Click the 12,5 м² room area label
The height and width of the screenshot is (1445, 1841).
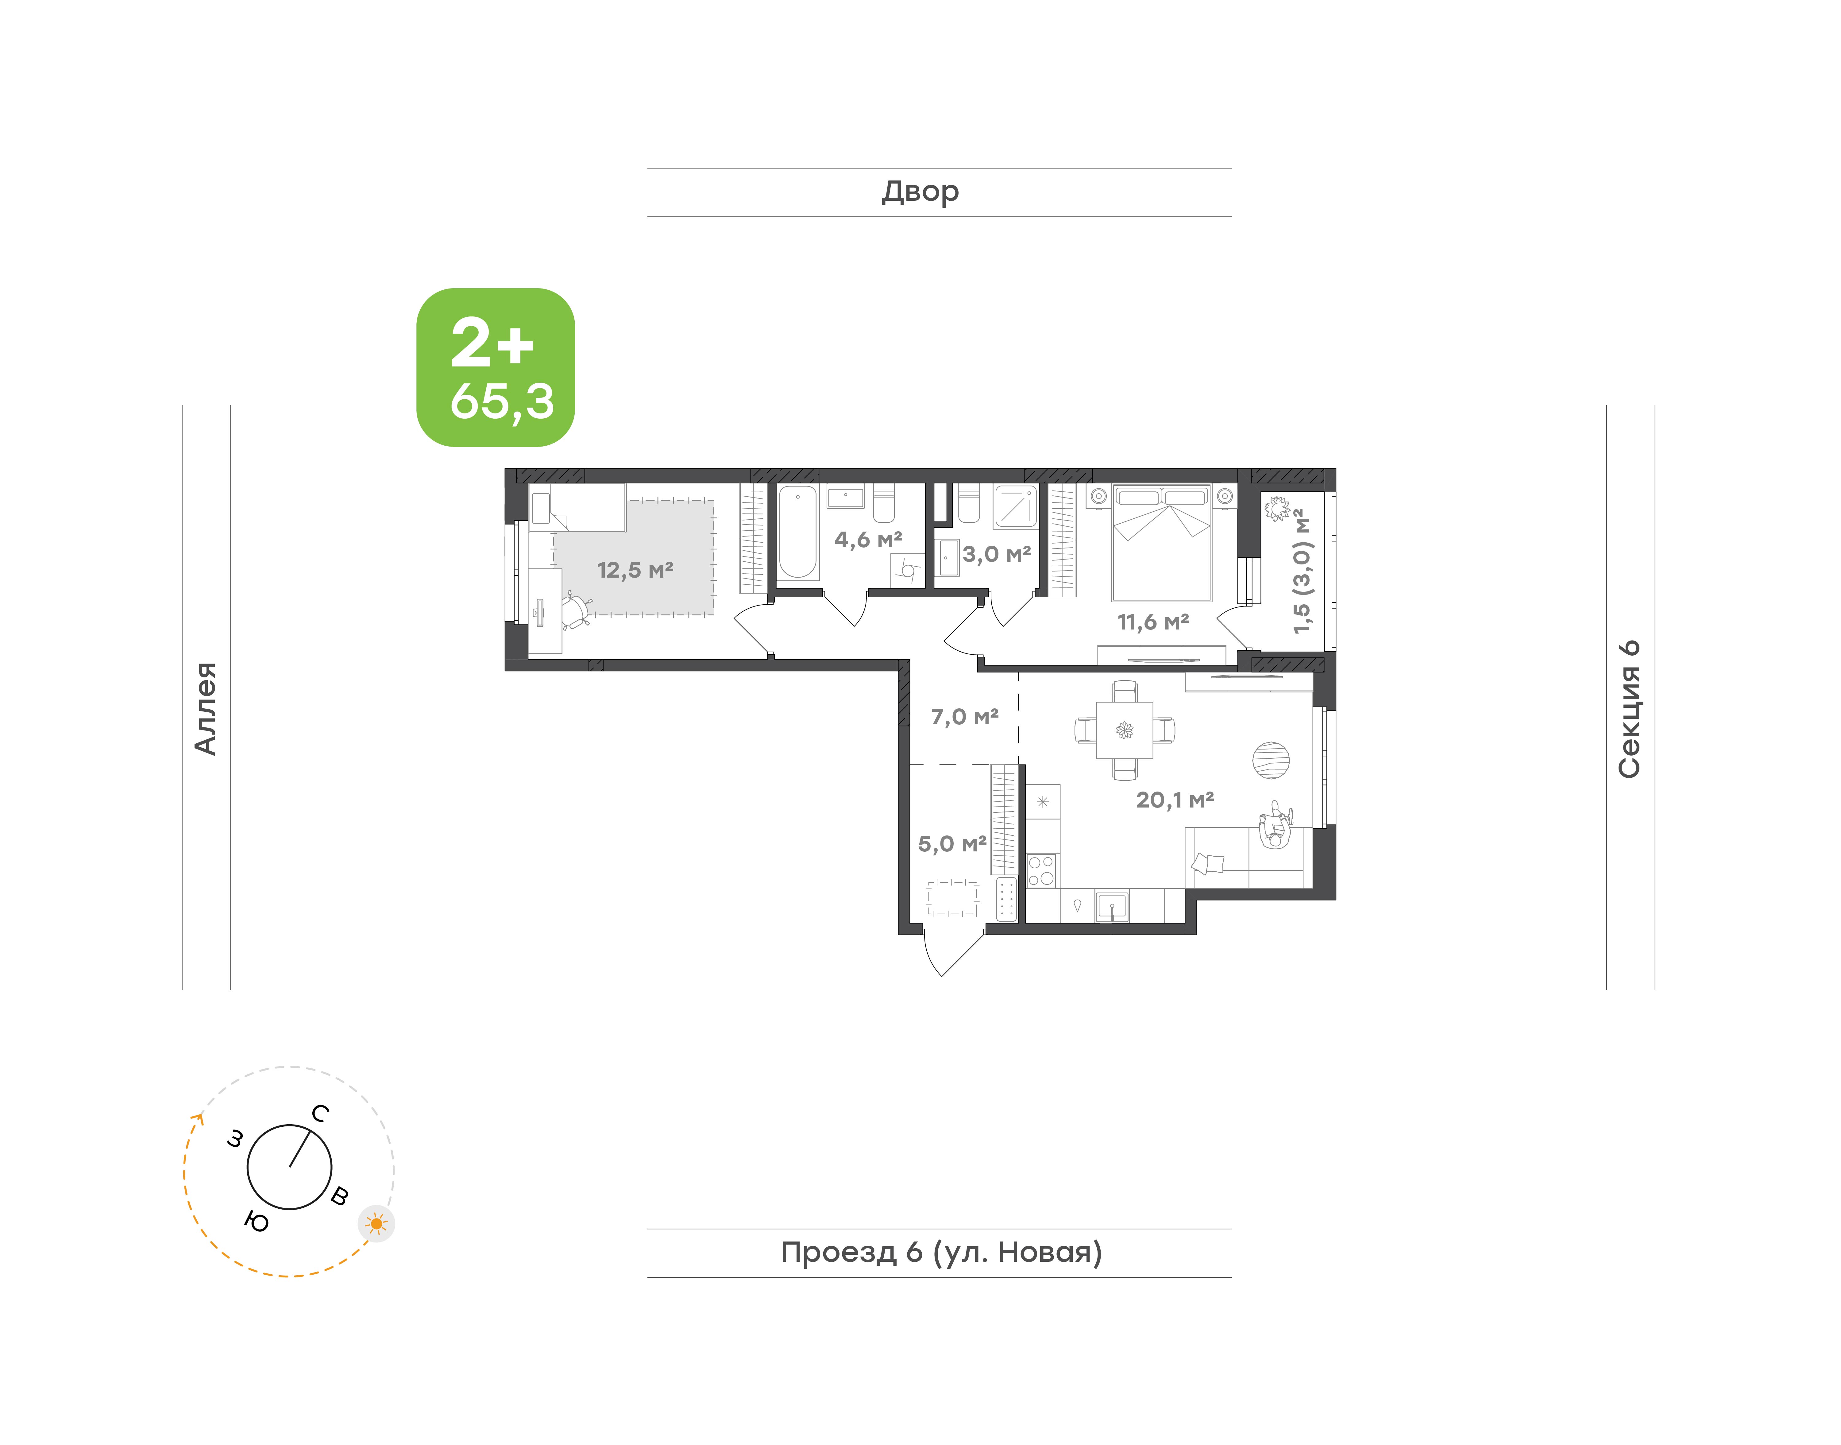point(635,570)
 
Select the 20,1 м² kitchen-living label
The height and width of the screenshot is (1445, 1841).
point(1175,800)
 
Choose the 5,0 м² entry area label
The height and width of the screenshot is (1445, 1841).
point(952,843)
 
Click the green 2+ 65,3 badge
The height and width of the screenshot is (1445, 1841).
point(496,367)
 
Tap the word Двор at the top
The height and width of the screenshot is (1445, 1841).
point(920,192)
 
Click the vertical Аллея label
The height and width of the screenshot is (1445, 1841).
point(206,708)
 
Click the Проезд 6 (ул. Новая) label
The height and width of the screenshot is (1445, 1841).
point(941,1252)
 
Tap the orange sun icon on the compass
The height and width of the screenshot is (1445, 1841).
point(376,1223)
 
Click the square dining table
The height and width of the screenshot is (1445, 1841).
point(1124,729)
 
